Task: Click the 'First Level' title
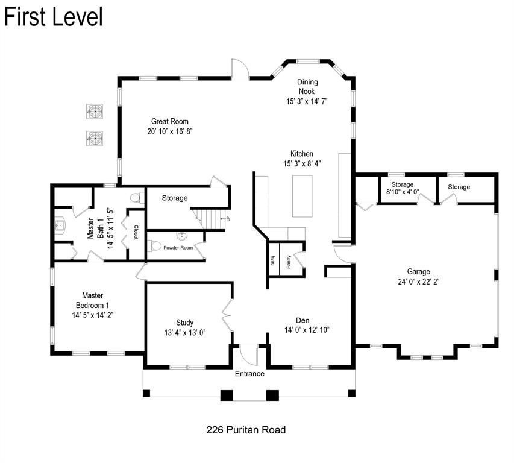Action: [54, 16]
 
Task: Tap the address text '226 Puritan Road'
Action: [245, 430]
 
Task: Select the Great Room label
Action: [170, 121]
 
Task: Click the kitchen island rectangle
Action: [303, 195]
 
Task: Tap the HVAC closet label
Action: [273, 260]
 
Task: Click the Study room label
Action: [185, 323]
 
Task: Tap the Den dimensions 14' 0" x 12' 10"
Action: [307, 330]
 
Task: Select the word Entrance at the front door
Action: [249, 374]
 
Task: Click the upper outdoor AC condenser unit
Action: [95, 111]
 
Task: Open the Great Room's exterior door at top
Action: [240, 69]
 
